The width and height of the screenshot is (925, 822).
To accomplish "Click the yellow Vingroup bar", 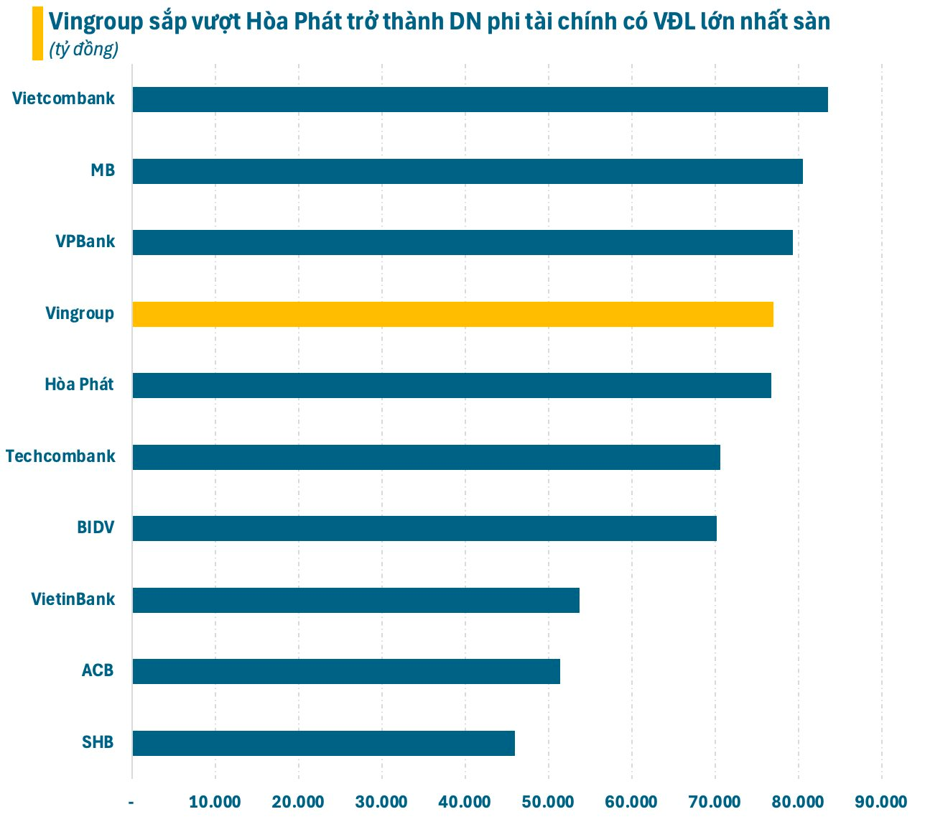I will coord(452,315).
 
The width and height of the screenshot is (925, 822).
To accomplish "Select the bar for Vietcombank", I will coord(480,99).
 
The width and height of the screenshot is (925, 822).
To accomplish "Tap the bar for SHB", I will coord(323,743).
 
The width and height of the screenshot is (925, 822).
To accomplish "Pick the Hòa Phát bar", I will coord(452,386).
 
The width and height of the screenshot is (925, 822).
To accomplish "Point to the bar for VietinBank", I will coord(355,600).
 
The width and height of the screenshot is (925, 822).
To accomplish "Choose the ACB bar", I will coord(346,672).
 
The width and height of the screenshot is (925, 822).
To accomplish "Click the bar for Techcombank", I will coord(426,457).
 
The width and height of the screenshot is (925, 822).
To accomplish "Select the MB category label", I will coord(103,171).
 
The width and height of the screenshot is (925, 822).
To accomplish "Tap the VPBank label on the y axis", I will coord(85,241).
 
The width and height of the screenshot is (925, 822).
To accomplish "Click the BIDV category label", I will coord(96,528).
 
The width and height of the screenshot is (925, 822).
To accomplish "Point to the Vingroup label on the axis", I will coord(80,314).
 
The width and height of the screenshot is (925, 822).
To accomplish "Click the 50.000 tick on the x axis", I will coord(548,802).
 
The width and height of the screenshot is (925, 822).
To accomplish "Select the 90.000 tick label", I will coord(881,802).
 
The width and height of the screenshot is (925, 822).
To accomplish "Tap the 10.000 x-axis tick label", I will coord(215,802).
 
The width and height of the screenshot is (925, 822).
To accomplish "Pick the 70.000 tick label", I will coord(715,802).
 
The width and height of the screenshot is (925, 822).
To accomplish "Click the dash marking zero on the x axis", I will coord(131,802).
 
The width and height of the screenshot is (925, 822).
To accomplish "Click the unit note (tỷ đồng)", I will coord(84,50).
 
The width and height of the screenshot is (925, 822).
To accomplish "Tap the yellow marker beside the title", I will coord(37,34).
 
